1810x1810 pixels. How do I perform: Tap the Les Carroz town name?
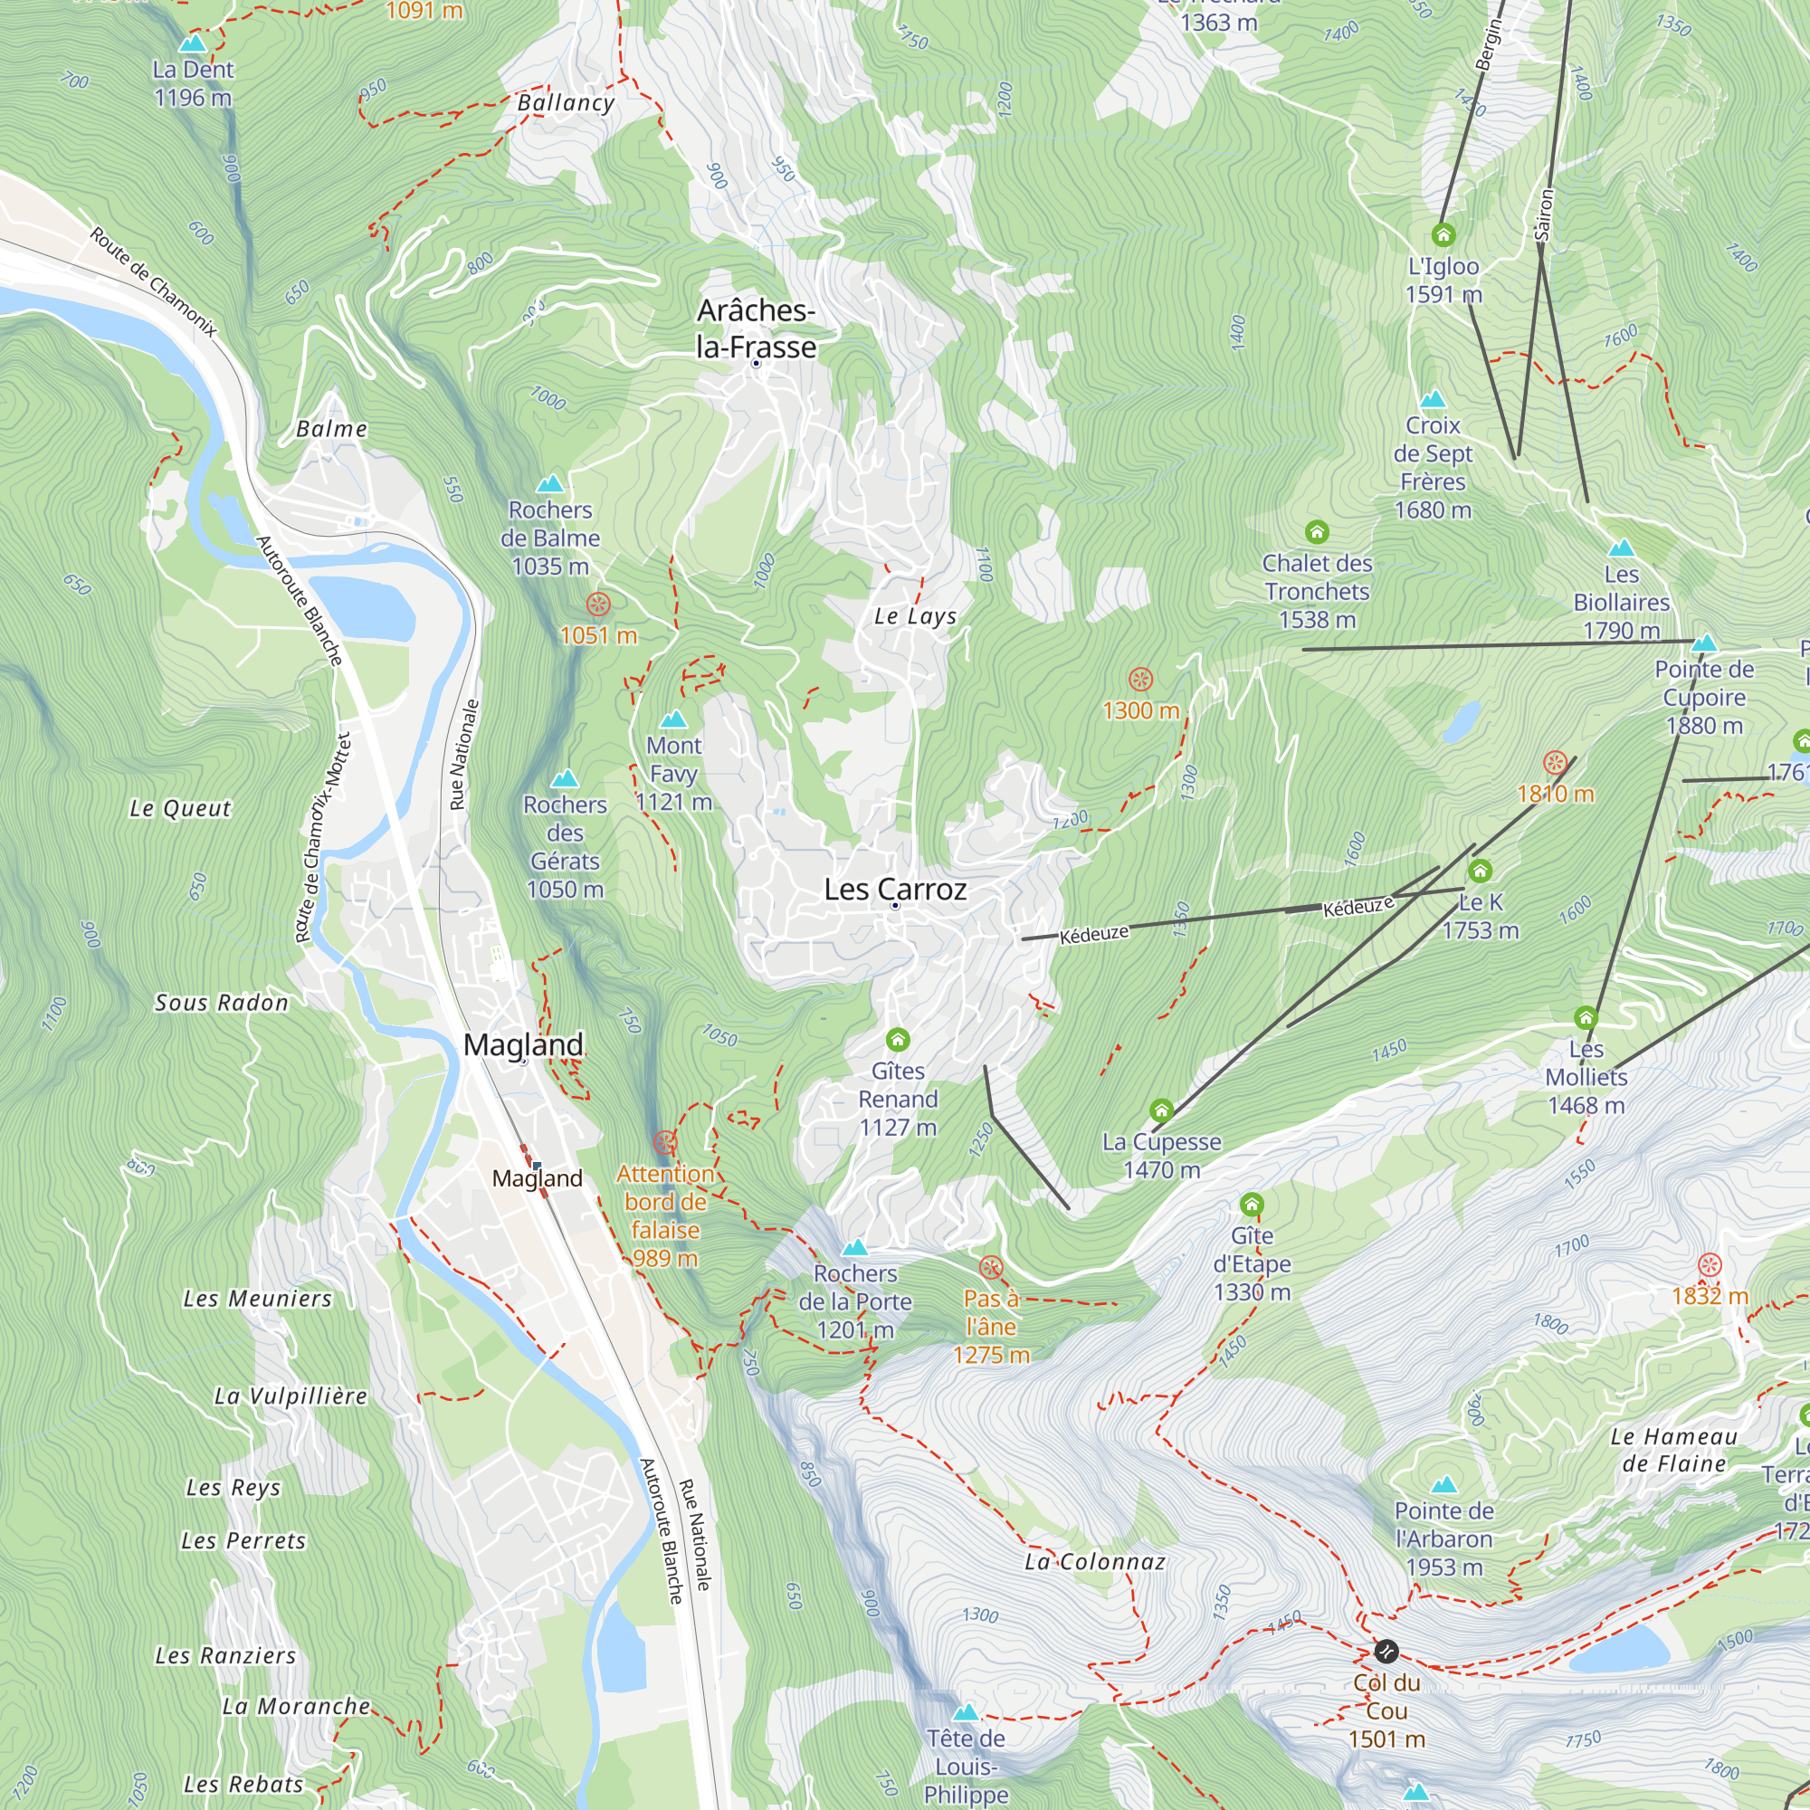(x=895, y=889)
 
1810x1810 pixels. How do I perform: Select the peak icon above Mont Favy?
(x=673, y=719)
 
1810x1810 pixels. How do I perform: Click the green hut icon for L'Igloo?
(x=1443, y=234)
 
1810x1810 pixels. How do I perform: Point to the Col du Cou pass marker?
(x=1386, y=1650)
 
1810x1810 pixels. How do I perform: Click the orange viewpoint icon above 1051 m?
(x=597, y=605)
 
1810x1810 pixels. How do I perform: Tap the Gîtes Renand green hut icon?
(x=898, y=1039)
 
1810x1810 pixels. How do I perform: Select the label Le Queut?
(x=180, y=808)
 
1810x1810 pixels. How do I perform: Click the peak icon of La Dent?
(x=193, y=43)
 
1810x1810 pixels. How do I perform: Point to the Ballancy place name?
(x=566, y=103)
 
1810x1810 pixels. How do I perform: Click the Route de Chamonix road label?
(x=154, y=281)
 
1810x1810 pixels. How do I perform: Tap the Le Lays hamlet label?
(x=915, y=616)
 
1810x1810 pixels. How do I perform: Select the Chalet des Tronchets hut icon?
(x=1316, y=532)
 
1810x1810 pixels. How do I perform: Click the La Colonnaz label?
(x=1094, y=1562)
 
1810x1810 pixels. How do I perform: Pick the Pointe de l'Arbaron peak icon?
(x=1443, y=1485)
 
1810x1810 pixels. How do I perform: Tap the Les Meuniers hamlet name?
(x=258, y=1299)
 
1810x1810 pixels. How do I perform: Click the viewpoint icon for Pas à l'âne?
(x=990, y=1269)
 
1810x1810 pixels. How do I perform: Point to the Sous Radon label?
(x=221, y=1003)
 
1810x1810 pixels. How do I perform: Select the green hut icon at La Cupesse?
(x=1161, y=1111)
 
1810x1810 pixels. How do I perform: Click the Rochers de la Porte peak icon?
(x=854, y=1248)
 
